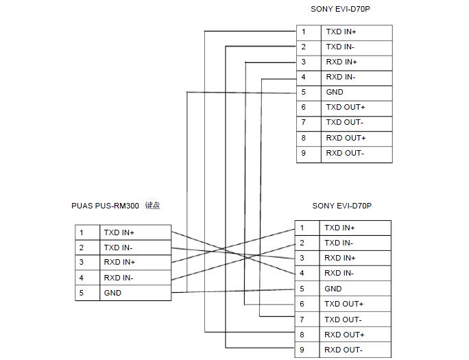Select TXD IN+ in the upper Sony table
(341, 32)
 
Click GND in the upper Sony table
(335, 93)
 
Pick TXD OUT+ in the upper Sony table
(345, 108)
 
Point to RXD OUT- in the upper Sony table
(344, 154)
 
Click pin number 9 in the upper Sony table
(303, 154)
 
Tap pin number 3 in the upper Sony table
(303, 62)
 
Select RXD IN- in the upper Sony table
(340, 77)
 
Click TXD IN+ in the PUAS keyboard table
(119, 233)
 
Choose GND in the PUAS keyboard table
(112, 293)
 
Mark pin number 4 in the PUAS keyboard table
(81, 278)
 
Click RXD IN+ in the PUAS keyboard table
(119, 263)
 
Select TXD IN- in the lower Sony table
(339, 243)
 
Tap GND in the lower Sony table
(333, 289)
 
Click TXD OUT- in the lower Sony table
(343, 320)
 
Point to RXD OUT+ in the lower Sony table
(344, 335)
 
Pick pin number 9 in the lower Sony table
(302, 350)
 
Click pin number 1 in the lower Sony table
(302, 228)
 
